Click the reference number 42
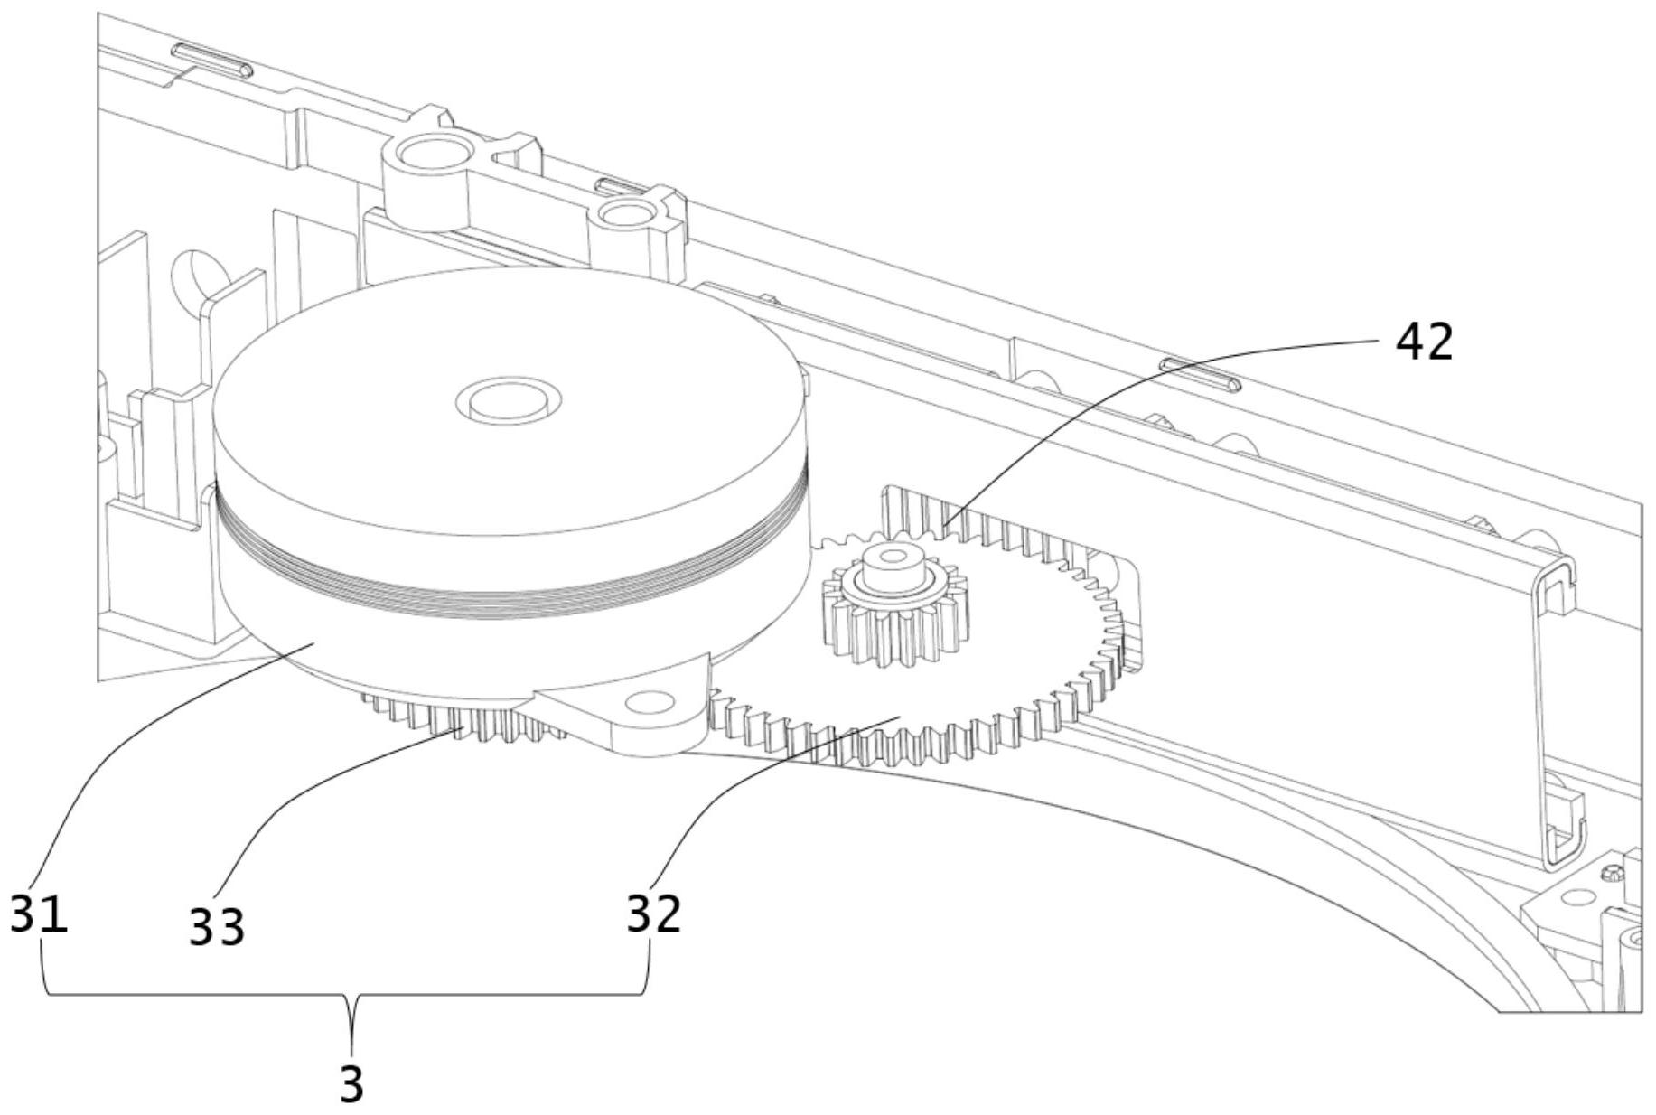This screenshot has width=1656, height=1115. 1425,342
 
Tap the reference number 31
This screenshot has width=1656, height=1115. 39,914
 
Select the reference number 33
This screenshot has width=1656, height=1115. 217,927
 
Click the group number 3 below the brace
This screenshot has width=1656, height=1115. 351,1083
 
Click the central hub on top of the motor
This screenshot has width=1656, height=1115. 509,398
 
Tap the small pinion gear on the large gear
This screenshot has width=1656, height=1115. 889,616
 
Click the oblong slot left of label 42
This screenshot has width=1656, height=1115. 1200,373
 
